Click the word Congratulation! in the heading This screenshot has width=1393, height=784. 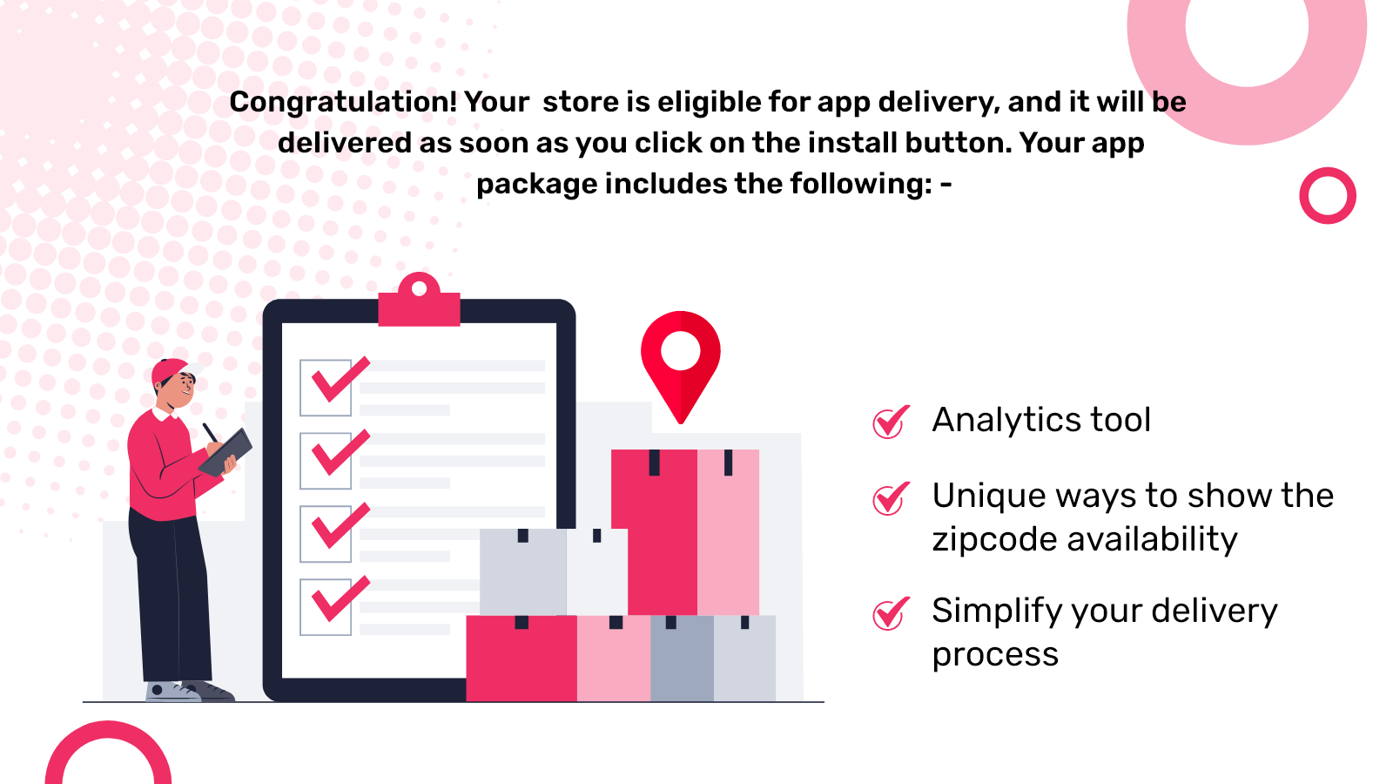pos(343,103)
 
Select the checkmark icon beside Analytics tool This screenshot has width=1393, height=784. pos(891,422)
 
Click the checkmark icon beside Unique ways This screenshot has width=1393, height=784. pos(891,498)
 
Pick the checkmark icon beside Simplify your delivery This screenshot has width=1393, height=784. pos(891,613)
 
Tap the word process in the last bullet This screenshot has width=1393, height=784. pos(995,655)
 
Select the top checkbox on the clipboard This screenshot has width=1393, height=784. pos(326,388)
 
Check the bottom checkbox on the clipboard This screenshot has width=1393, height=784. pos(326,606)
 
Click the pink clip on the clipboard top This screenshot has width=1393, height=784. pos(419,303)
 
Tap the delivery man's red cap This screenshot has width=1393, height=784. pos(168,370)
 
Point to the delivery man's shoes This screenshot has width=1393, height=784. pos(187,693)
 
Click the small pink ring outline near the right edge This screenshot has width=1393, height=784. pos(1328,195)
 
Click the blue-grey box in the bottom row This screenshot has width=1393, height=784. pos(682,659)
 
